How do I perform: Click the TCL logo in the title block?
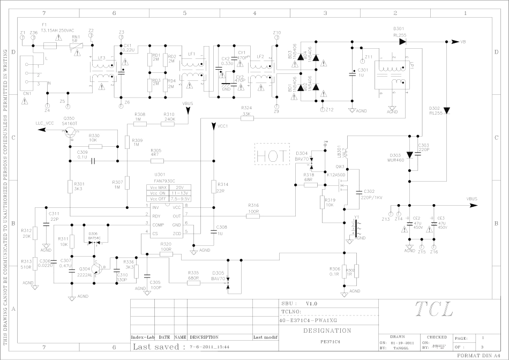[434, 309]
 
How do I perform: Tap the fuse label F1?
[44, 25]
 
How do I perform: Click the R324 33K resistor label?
[246, 111]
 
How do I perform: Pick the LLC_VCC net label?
[45, 123]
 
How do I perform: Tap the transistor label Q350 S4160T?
[70, 120]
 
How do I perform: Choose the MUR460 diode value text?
[397, 161]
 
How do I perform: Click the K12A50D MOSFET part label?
[336, 175]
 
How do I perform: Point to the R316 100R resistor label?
[254, 208]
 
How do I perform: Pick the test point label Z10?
[276, 33]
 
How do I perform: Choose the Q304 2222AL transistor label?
[85, 272]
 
